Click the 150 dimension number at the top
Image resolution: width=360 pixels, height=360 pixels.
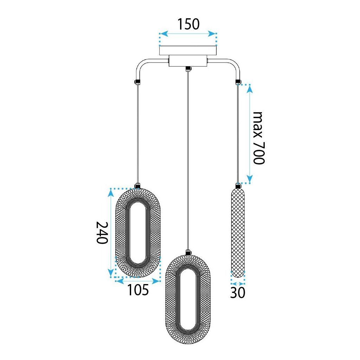click(x=188, y=24)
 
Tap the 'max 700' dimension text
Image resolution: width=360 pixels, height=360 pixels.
click(x=259, y=138)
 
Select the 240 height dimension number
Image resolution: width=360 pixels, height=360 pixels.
click(x=102, y=233)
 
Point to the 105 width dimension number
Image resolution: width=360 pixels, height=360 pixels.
click(x=138, y=290)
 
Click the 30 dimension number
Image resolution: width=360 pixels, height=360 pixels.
click(x=238, y=293)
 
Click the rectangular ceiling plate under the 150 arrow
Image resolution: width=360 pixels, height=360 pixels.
click(x=188, y=51)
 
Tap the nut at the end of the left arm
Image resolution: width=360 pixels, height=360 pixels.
click(x=138, y=82)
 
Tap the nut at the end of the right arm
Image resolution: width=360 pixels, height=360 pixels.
click(x=238, y=82)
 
